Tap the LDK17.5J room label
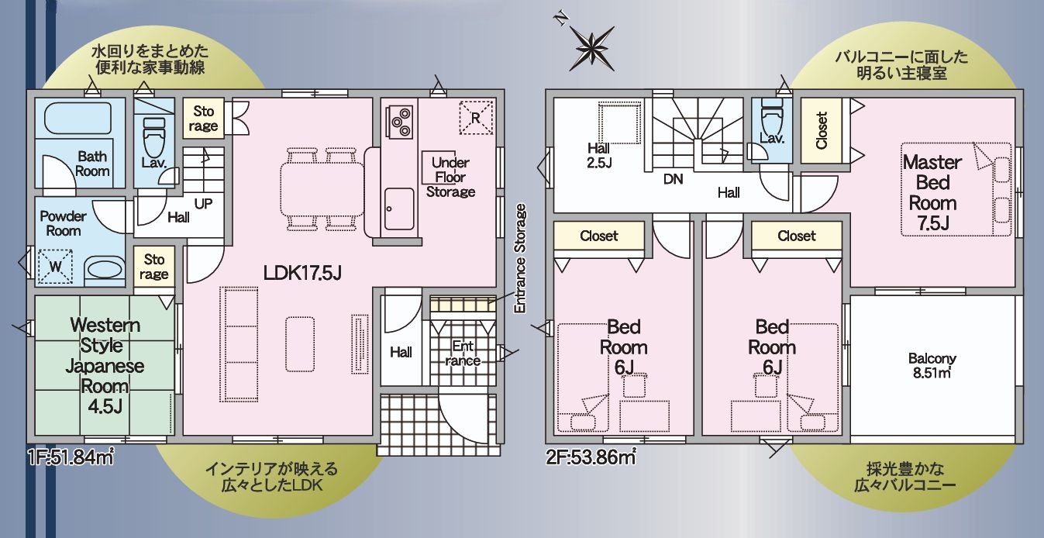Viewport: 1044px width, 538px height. coord(302,273)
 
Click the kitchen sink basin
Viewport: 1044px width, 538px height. coord(399,209)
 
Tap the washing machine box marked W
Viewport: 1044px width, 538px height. coord(55,267)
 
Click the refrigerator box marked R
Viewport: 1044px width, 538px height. coord(476,118)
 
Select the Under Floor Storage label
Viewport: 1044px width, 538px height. coord(450,178)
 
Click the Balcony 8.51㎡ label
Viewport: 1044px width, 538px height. coord(932,365)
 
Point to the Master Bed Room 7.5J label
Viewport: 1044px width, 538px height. coord(932,192)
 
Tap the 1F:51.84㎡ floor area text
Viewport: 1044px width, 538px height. coord(71,458)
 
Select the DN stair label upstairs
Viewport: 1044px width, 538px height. coord(674,179)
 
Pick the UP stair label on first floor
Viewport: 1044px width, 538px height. coord(203,204)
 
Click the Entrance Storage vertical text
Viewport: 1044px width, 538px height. coord(520,258)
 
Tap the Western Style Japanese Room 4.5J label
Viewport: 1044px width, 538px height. coord(105,366)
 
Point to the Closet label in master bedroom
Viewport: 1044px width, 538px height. coord(822,130)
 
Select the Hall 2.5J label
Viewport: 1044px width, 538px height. coord(599,156)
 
